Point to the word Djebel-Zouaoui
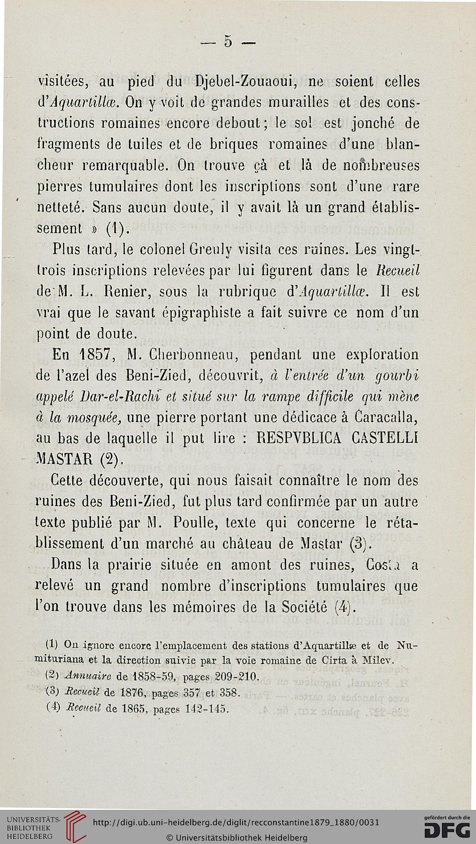(x=242, y=82)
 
